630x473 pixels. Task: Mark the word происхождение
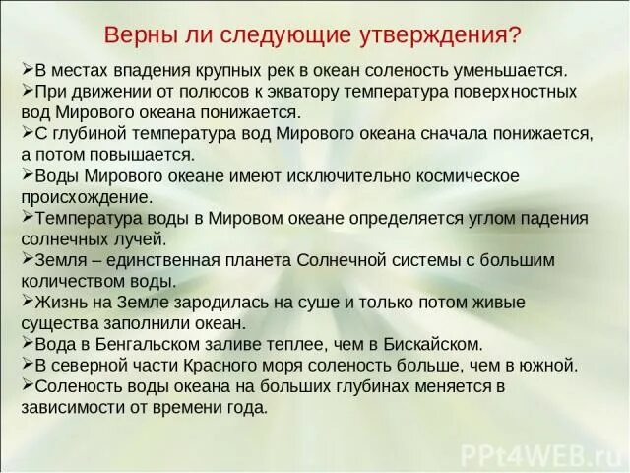pyautogui.click(x=86, y=196)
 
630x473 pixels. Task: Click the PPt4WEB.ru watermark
pyautogui.click(x=546, y=452)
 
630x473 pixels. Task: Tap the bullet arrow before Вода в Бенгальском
pyautogui.click(x=27, y=343)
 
